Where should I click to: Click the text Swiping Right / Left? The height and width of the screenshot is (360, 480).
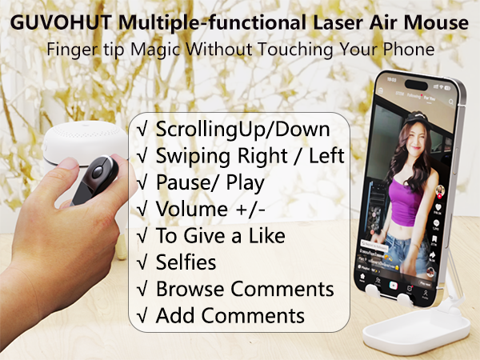pos(250,155)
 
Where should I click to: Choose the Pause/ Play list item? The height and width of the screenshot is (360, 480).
pos(210,182)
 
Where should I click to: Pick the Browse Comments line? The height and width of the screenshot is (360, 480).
pos(244,288)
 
